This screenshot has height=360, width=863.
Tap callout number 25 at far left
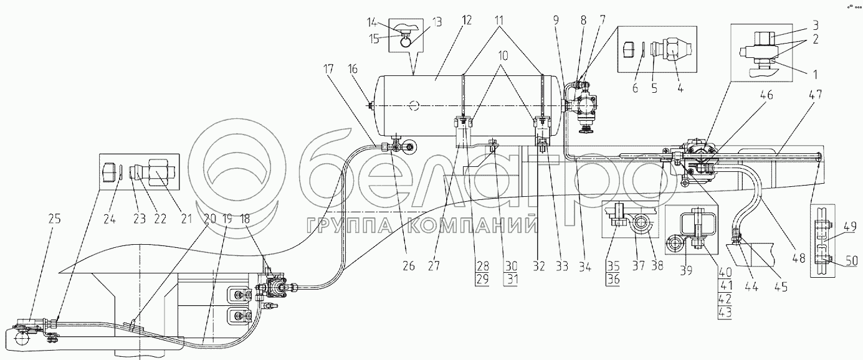pyautogui.click(x=54, y=219)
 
